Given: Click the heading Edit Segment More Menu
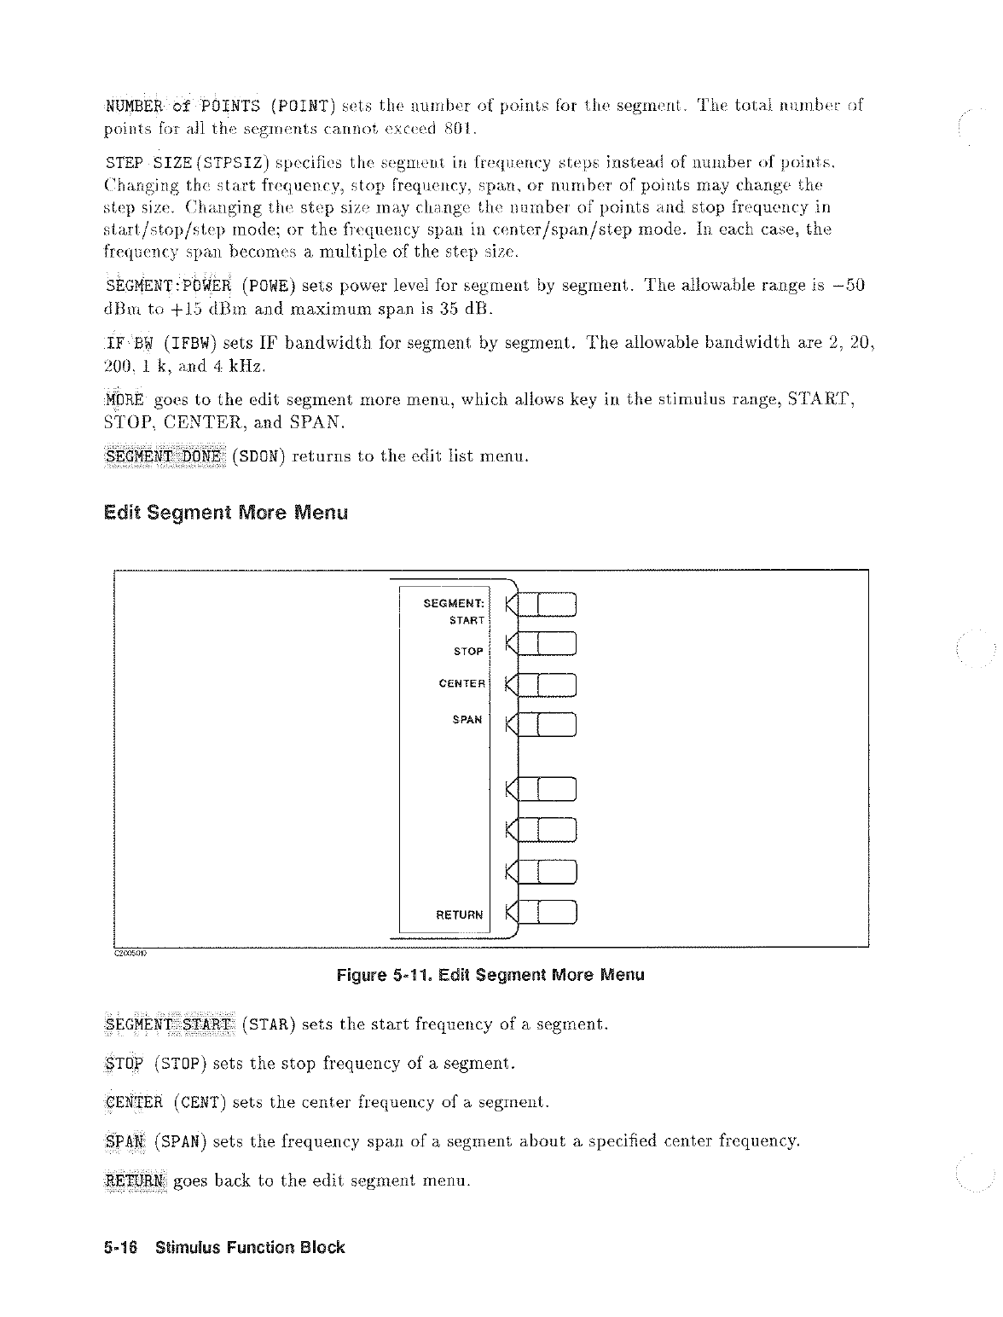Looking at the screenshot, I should [225, 513].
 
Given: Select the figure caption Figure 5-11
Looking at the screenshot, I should [490, 975].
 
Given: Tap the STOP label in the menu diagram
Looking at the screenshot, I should [468, 652].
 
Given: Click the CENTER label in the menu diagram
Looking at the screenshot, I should [461, 684].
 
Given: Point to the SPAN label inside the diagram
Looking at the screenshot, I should [467, 720].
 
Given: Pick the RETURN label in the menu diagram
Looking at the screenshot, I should [459, 915].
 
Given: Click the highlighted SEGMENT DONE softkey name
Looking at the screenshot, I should [163, 456].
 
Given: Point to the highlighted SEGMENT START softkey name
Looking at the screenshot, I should [169, 1024].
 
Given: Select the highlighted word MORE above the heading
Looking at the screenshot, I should [124, 400].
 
